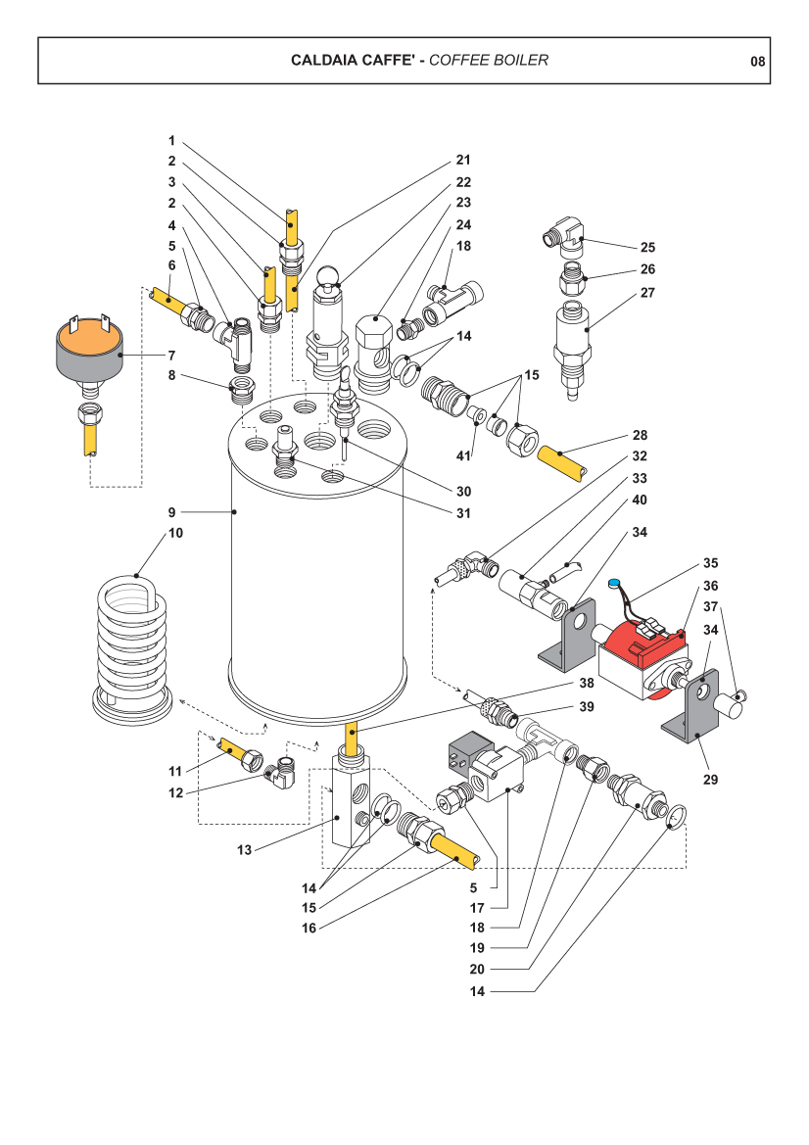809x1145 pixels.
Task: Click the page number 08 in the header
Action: pyautogui.click(x=757, y=61)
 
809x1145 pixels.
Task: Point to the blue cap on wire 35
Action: pyautogui.click(x=614, y=586)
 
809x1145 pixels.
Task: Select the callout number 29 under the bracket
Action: pyautogui.click(x=711, y=780)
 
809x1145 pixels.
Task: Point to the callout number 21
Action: pyautogui.click(x=463, y=160)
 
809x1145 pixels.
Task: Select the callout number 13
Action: pyautogui.click(x=245, y=850)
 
